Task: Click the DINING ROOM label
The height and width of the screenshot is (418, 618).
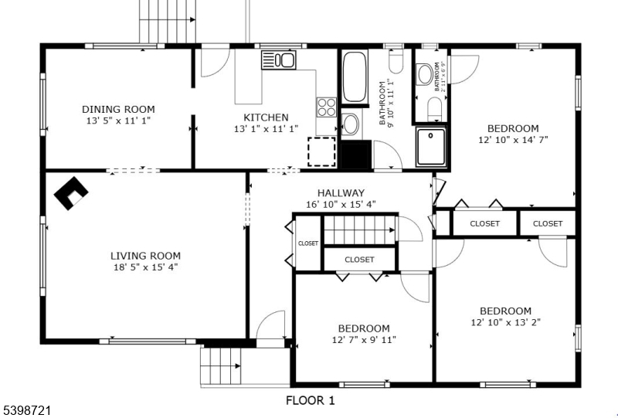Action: tap(118, 110)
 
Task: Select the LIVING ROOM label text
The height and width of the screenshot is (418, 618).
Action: tap(145, 256)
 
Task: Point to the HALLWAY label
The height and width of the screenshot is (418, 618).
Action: tap(341, 193)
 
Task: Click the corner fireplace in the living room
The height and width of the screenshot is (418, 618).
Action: tap(70, 193)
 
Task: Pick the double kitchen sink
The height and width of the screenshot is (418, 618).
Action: tap(278, 59)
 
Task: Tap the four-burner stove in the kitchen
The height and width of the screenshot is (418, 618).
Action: tap(326, 107)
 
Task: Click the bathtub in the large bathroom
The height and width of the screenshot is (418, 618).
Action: tap(355, 77)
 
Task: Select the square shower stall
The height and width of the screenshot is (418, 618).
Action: tap(432, 148)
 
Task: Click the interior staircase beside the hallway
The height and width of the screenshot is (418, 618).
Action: tap(358, 229)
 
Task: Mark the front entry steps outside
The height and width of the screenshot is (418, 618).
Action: tap(222, 366)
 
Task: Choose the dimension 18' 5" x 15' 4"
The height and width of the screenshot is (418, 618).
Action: tap(145, 267)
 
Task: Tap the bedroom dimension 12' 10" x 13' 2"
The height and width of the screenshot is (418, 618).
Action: tap(505, 322)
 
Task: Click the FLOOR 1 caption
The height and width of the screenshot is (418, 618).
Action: tap(310, 400)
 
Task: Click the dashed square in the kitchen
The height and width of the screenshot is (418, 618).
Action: tap(321, 151)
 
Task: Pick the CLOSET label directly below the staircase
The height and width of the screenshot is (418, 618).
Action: tap(359, 260)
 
